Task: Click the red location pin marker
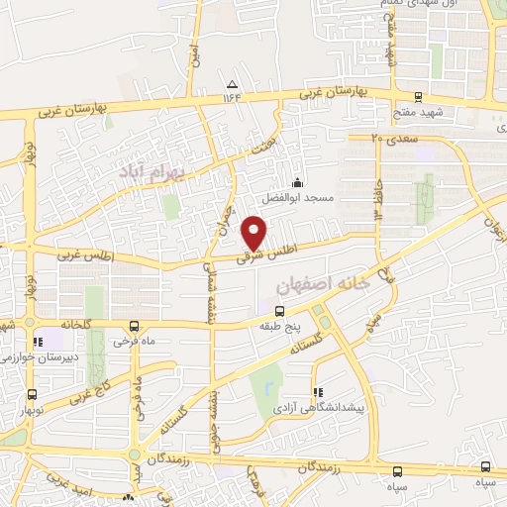(254, 232)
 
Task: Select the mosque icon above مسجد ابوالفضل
(297, 182)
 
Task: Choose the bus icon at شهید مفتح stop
(419, 98)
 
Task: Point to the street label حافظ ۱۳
(378, 193)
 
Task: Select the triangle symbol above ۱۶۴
(232, 83)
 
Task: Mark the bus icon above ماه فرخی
(135, 325)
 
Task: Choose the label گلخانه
(76, 324)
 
